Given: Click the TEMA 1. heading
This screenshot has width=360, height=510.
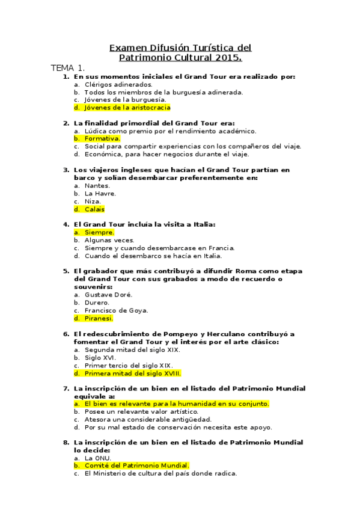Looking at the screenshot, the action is pyautogui.click(x=67, y=68).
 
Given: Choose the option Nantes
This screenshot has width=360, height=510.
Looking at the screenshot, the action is pyautogui.click(x=97, y=186).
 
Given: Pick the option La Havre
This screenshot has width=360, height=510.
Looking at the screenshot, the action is pyautogui.click(x=100, y=194).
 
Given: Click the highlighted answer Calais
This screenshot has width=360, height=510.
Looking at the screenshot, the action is pyautogui.click(x=94, y=209).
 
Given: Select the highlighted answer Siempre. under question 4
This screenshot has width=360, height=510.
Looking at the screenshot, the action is pyautogui.click(x=99, y=232).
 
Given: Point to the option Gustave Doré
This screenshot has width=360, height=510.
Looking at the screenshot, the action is pyautogui.click(x=108, y=295).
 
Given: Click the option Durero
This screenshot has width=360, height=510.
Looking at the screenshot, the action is pyautogui.click(x=98, y=303).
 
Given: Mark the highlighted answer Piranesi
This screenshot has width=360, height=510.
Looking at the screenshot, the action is pyautogui.click(x=99, y=318).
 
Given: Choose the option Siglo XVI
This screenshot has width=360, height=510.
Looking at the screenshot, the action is pyautogui.click(x=100, y=357).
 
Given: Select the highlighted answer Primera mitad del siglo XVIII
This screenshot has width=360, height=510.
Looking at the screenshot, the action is pyautogui.click(x=132, y=373).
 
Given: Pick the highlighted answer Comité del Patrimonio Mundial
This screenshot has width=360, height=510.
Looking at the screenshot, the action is pyautogui.click(x=136, y=465).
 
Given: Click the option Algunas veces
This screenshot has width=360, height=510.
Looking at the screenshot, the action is pyautogui.click(x=109, y=240).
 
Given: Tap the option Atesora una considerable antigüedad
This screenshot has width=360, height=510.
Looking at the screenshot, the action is pyautogui.click(x=148, y=419).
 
